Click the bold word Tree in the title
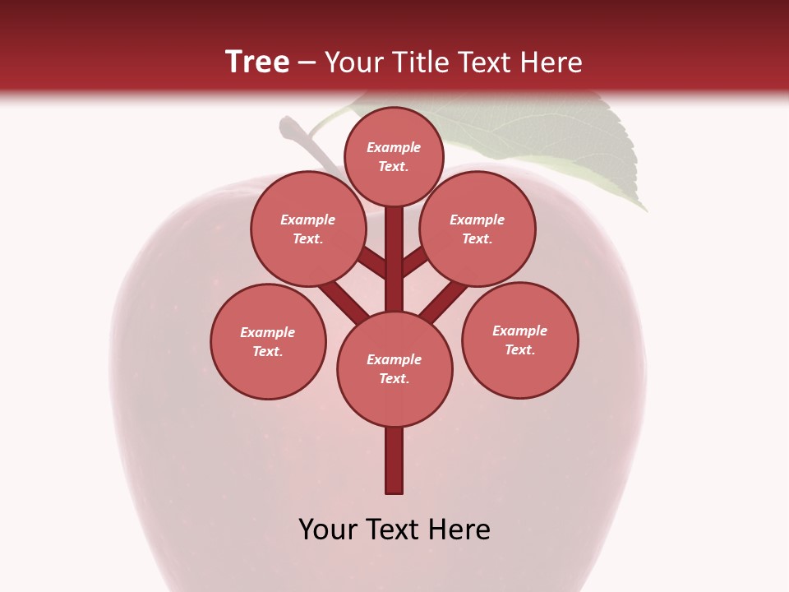pos(257,62)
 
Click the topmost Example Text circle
pos(394,156)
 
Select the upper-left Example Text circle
pos(308,229)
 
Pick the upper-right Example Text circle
pos(478,229)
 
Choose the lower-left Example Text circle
pos(268,341)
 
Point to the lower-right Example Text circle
pos(519,340)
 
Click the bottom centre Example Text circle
pos(394,368)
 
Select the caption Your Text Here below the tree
pos(394,529)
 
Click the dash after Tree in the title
pos(307,62)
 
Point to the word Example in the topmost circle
pos(394,147)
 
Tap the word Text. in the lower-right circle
pos(519,349)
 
